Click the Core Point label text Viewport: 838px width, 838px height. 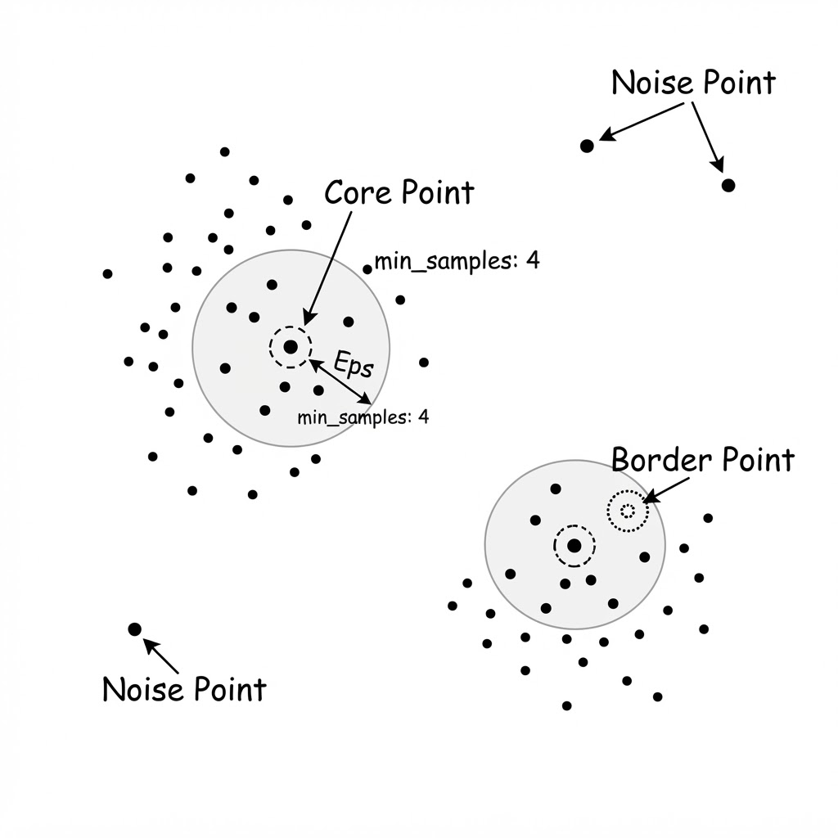399,192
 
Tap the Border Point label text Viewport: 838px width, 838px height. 703,460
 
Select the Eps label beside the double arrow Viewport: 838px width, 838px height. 354,364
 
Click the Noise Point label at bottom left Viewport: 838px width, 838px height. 184,689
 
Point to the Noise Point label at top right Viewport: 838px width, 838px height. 693,83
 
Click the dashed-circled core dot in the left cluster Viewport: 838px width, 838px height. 291,347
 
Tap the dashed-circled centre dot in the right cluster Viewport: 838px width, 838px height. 574,546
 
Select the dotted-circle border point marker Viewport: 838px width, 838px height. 628,511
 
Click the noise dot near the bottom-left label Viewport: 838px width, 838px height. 135,629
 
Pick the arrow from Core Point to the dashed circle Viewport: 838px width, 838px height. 328,268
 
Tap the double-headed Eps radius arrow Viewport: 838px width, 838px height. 340,381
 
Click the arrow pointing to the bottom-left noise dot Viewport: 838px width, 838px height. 161,656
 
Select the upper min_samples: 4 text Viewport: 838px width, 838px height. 457,261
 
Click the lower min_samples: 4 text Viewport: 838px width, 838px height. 363,417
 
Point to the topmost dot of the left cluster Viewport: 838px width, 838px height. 224,151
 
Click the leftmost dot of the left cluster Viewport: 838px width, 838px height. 107,273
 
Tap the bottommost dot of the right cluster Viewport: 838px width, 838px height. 567,706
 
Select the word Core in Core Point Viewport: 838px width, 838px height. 358,192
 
